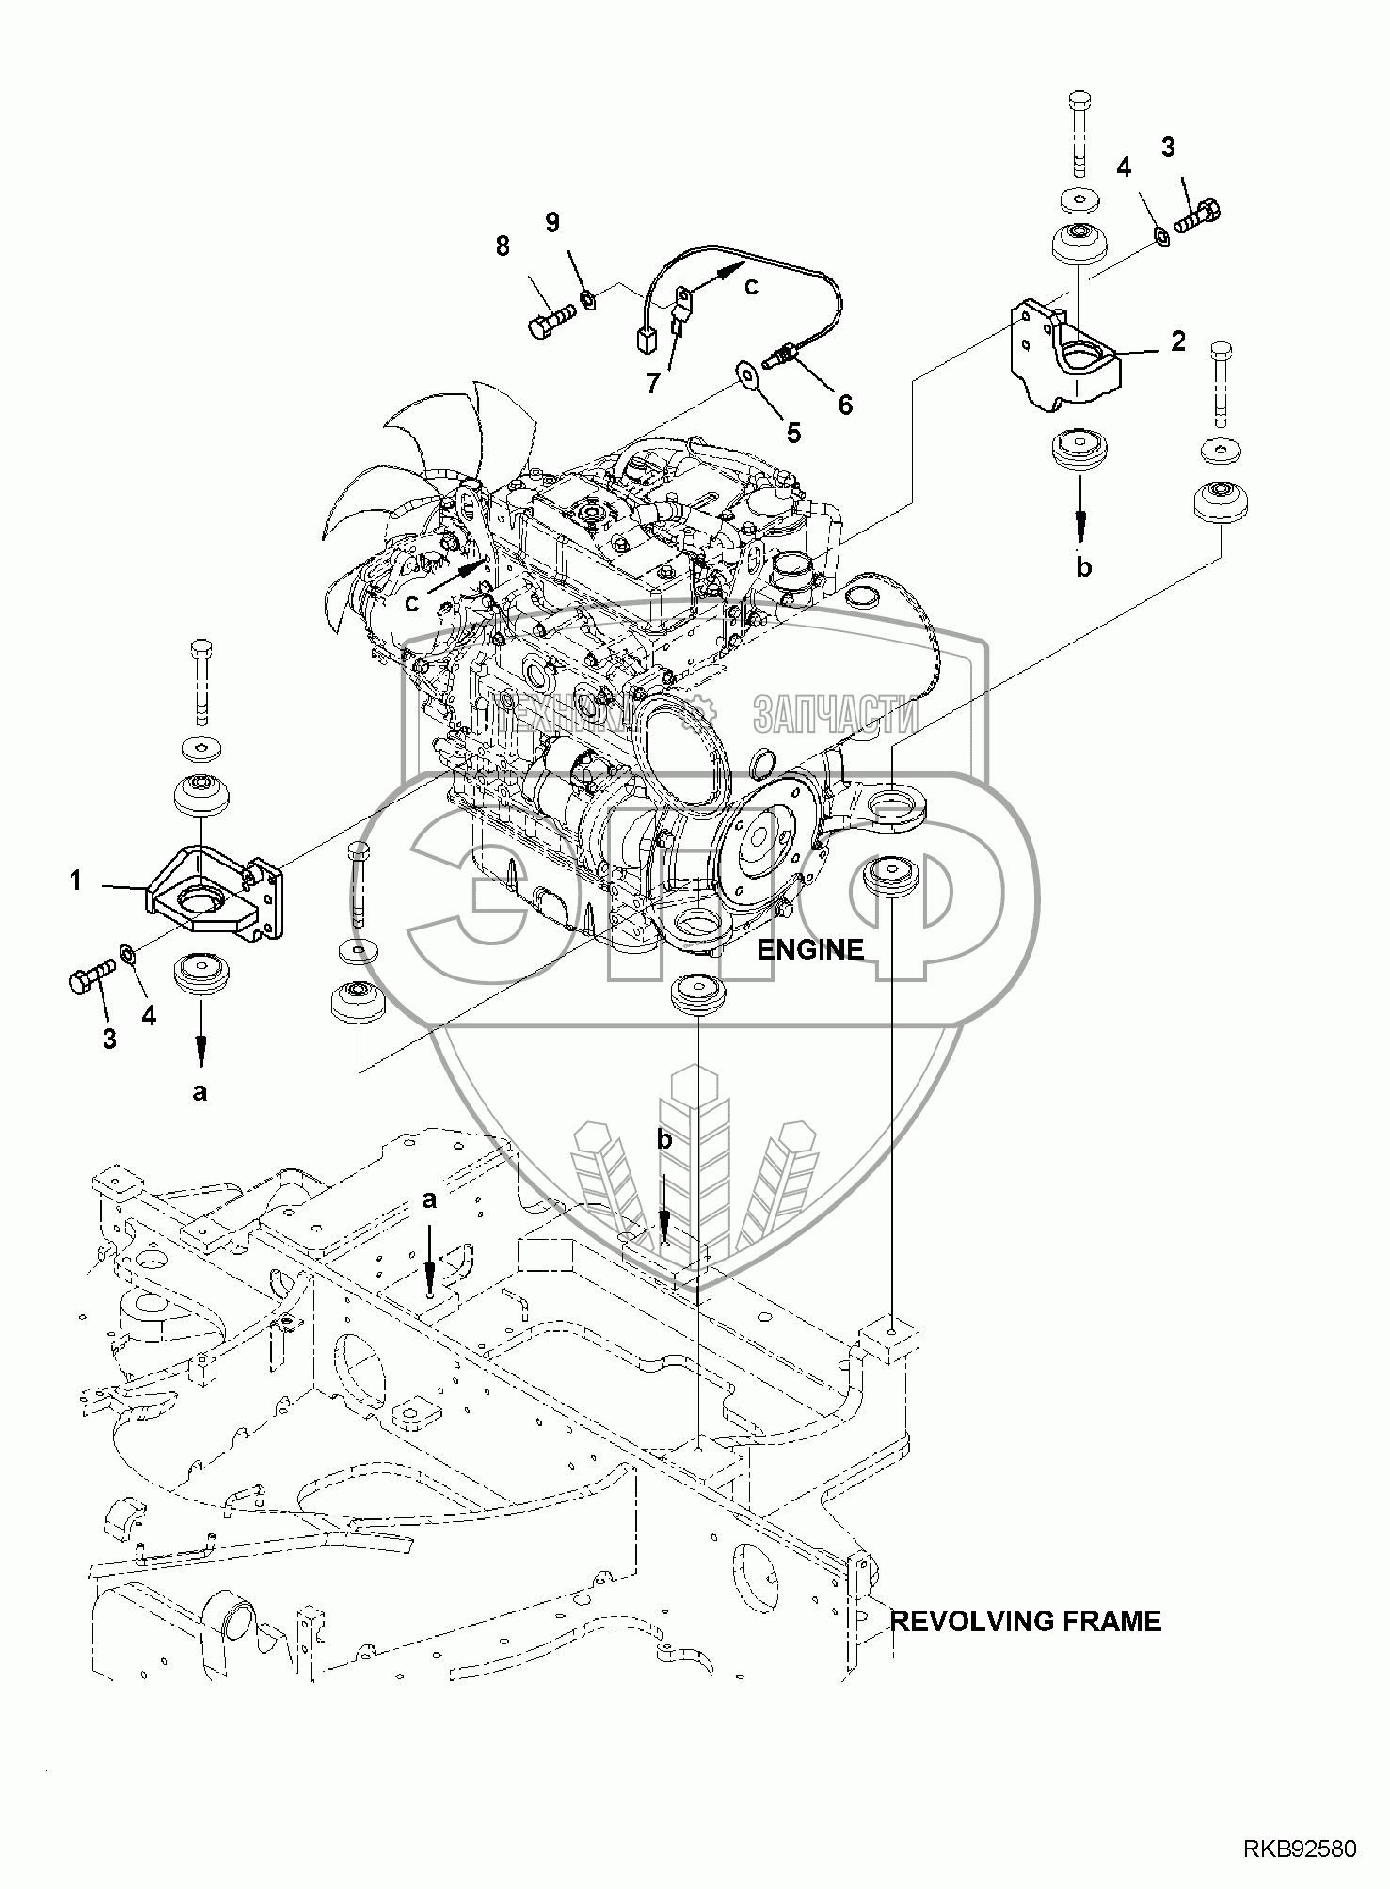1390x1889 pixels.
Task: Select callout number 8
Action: [503, 246]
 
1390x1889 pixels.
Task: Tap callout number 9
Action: [552, 222]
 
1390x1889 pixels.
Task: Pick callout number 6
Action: [845, 405]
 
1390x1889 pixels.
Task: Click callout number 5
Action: [794, 433]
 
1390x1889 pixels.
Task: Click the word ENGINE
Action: [810, 949]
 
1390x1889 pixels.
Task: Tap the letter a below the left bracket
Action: [199, 1091]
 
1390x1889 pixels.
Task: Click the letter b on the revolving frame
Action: [664, 1140]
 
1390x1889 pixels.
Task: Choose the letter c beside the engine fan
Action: [411, 603]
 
